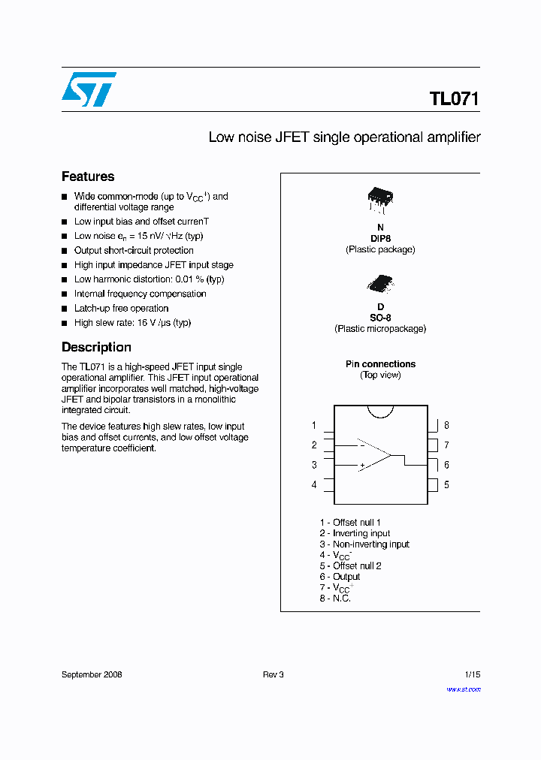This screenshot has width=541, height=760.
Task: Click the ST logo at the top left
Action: [x=89, y=89]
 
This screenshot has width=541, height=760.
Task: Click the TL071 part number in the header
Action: [x=454, y=99]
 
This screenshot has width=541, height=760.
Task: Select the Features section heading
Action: [x=88, y=176]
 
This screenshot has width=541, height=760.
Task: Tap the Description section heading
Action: [x=96, y=347]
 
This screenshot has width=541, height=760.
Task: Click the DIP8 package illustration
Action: [x=380, y=198]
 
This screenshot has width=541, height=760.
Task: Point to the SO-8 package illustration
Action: [x=379, y=282]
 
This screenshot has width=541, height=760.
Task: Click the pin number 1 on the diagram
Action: [x=314, y=426]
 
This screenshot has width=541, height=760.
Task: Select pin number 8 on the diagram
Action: [x=446, y=426]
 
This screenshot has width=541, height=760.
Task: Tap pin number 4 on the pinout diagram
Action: [x=314, y=484]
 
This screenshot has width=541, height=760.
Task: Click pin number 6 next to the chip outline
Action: [x=446, y=465]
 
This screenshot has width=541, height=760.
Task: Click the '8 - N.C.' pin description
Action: [x=335, y=599]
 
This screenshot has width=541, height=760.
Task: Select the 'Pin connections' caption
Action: [x=380, y=364]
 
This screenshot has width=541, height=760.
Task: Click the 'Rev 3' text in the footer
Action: [x=273, y=674]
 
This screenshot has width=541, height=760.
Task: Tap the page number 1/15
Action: [x=472, y=674]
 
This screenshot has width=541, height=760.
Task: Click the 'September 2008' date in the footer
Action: [x=92, y=674]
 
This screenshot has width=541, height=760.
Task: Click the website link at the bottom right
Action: [x=464, y=689]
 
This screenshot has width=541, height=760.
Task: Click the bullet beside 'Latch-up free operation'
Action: [x=65, y=309]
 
